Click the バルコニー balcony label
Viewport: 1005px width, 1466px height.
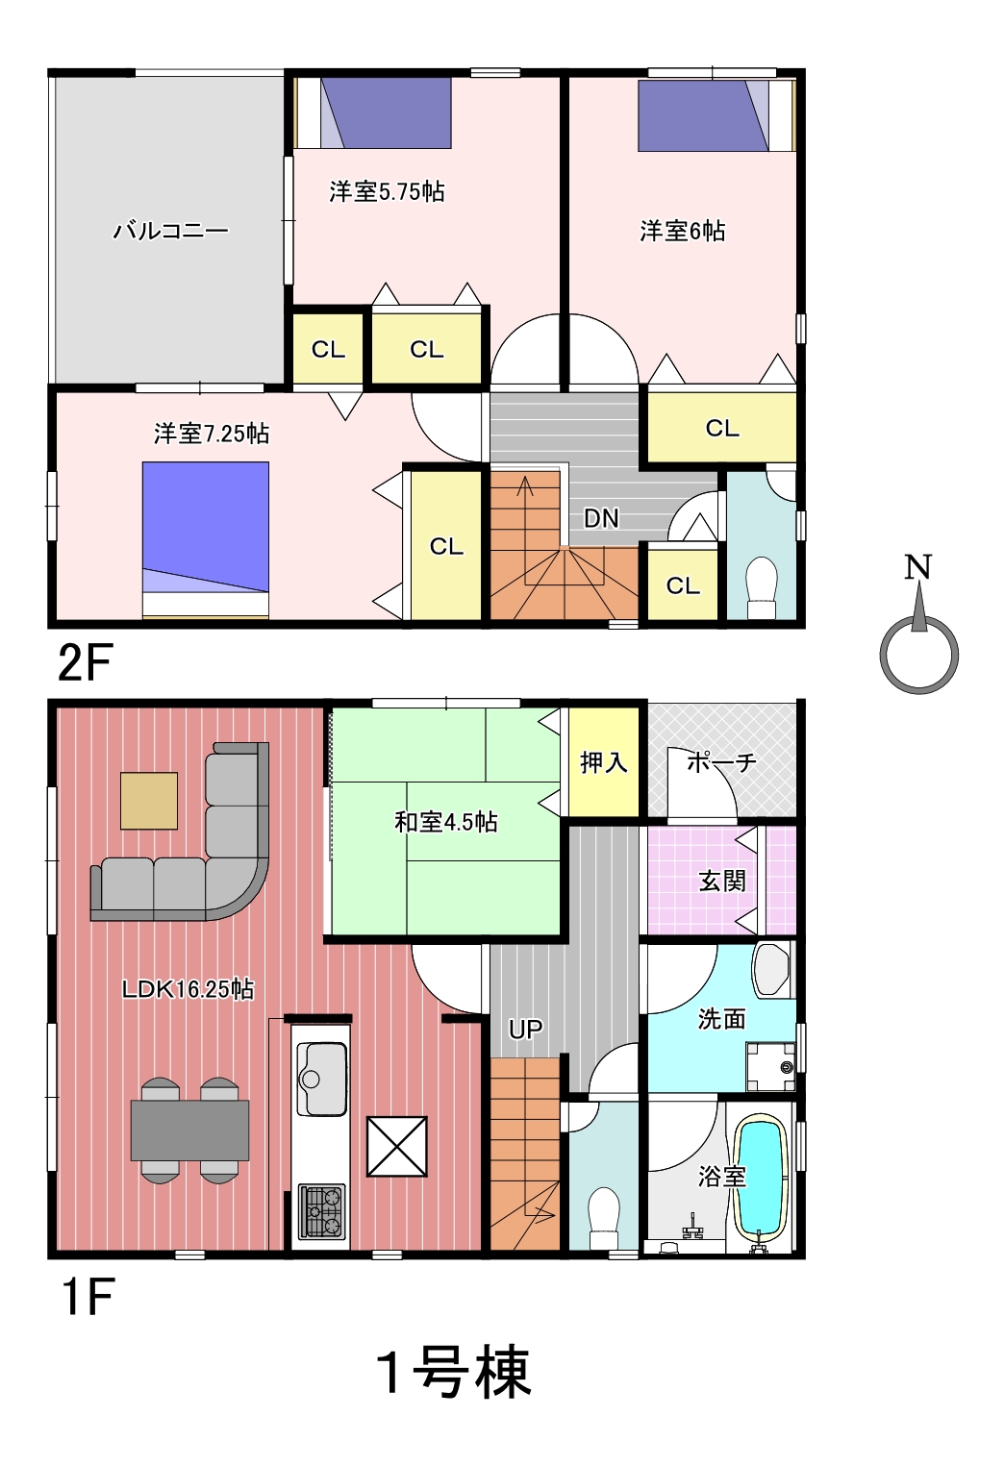pyautogui.click(x=171, y=231)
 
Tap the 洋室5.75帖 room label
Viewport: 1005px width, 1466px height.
pyautogui.click(x=387, y=191)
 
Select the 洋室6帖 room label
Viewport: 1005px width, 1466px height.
pyautogui.click(x=682, y=231)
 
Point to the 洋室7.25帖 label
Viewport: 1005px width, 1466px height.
pyautogui.click(x=212, y=434)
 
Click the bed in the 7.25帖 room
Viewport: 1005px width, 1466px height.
pyautogui.click(x=206, y=540)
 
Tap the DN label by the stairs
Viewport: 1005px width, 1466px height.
pyautogui.click(x=601, y=518)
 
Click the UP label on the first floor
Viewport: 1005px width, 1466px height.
pyautogui.click(x=526, y=1030)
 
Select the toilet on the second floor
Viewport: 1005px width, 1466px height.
pyautogui.click(x=762, y=587)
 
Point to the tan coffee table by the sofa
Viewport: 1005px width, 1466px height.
pyautogui.click(x=149, y=801)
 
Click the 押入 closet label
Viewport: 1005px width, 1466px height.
pyautogui.click(x=604, y=762)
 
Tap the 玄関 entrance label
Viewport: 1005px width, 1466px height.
pyautogui.click(x=722, y=882)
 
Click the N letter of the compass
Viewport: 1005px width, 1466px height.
pyautogui.click(x=917, y=567)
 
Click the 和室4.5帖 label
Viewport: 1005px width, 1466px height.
pyautogui.click(x=446, y=822)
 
